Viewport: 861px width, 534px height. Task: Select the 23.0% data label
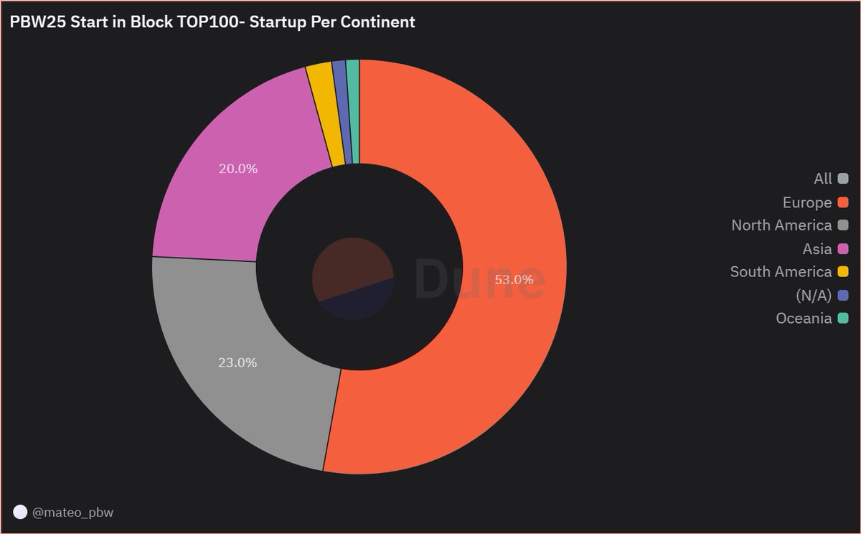[x=237, y=362]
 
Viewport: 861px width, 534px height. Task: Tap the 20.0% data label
[x=238, y=169]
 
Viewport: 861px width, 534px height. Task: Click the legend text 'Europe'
[x=807, y=202]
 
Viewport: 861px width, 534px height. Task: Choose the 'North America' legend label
[x=781, y=225]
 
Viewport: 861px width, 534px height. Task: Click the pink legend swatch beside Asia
[x=843, y=249]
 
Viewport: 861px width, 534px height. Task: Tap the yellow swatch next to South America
[x=843, y=272]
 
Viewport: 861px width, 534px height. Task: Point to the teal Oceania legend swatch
[x=843, y=318]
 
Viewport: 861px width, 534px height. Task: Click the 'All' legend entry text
[x=823, y=179]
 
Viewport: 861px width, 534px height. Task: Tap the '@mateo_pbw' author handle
[x=72, y=512]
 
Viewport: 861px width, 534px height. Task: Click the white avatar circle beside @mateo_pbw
[x=20, y=512]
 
